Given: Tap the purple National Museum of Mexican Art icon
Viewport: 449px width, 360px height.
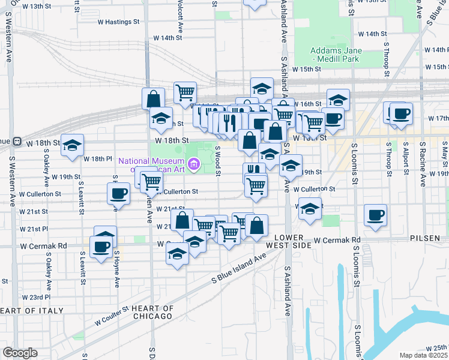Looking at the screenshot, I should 193,164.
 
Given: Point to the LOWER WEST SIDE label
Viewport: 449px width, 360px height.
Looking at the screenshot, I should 294,241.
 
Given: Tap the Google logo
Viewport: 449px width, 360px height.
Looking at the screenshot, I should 20,353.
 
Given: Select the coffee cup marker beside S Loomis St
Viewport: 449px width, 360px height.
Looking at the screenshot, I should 376,215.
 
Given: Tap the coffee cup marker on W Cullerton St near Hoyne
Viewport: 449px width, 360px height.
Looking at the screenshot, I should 118,194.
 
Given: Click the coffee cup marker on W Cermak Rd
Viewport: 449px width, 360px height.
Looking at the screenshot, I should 101,246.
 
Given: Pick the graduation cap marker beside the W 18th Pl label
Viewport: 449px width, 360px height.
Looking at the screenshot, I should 72,145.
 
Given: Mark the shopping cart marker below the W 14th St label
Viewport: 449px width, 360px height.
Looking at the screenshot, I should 185,92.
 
